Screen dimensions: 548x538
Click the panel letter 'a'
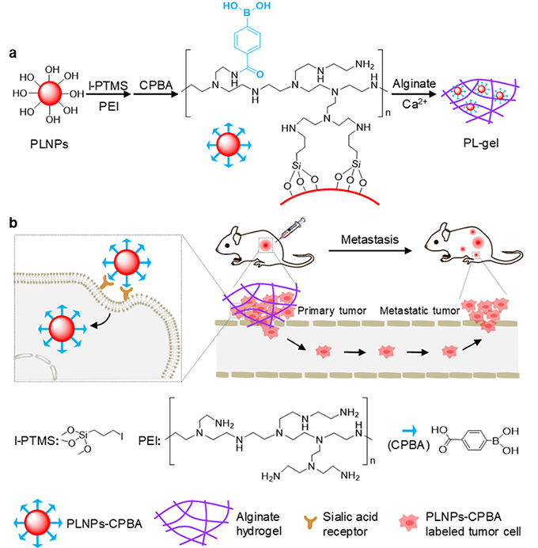click(x=13, y=52)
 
